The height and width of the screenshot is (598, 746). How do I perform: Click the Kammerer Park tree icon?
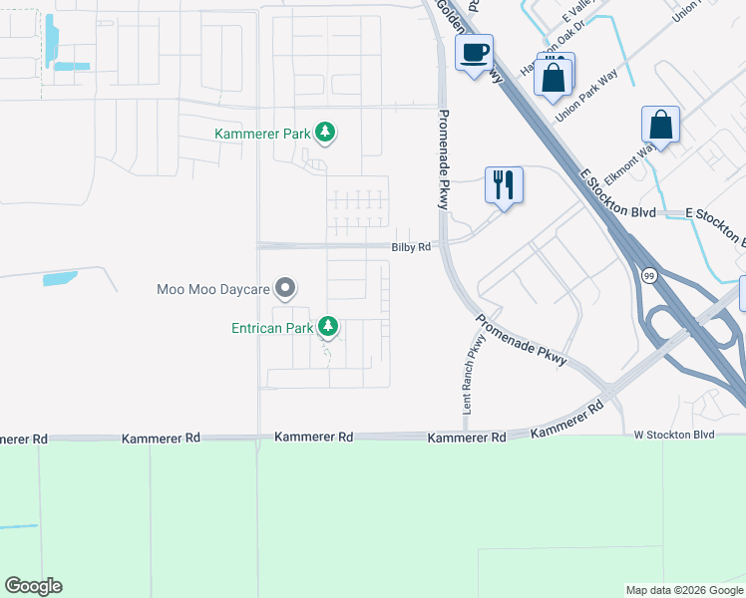pyautogui.click(x=324, y=132)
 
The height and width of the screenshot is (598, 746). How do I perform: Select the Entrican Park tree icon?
pyautogui.click(x=327, y=326)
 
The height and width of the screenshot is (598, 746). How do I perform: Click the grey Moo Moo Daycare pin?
pyautogui.click(x=285, y=289)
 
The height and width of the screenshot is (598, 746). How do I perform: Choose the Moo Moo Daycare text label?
pyautogui.click(x=213, y=290)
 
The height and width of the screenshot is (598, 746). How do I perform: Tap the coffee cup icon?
pyautogui.click(x=474, y=52)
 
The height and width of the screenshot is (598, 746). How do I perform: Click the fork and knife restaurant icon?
pyautogui.click(x=504, y=184)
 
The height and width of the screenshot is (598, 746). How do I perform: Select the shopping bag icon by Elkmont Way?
pyautogui.click(x=660, y=126)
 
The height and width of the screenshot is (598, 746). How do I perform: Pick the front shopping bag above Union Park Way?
pyautogui.click(x=553, y=77)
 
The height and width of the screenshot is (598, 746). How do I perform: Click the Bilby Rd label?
pyautogui.click(x=411, y=246)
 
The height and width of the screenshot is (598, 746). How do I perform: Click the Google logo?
pyautogui.click(x=33, y=586)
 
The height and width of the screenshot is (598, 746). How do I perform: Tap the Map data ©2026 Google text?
pyautogui.click(x=684, y=590)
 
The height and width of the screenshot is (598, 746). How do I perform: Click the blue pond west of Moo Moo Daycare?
pyautogui.click(x=60, y=279)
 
